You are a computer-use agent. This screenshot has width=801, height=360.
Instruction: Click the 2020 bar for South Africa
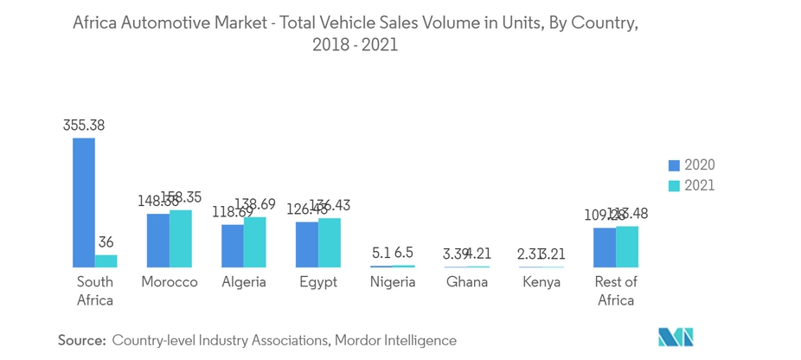[x=84, y=202]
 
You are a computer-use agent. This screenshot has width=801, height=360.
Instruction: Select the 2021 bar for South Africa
[x=106, y=260]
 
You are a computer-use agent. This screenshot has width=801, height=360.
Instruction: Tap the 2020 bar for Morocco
[x=158, y=240]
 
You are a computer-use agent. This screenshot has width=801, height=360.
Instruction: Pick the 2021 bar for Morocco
[x=181, y=238]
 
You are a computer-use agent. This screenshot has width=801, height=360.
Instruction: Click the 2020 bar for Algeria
[x=233, y=246]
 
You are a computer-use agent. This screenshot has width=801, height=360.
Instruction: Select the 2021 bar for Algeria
[x=255, y=241]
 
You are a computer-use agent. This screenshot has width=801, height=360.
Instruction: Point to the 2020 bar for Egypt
[x=307, y=244]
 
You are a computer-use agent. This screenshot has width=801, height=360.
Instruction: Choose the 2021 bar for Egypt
[x=330, y=242]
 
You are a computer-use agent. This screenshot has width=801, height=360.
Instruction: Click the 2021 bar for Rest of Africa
[x=627, y=247]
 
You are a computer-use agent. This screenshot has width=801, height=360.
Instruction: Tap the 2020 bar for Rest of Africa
[x=605, y=247]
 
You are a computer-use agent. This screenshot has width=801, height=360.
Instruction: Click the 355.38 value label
[x=84, y=125]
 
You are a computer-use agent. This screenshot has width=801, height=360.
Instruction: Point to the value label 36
[x=106, y=242]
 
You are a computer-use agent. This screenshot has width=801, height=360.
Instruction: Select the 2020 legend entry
[x=691, y=164]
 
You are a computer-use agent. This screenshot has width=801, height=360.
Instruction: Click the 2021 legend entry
[x=691, y=185]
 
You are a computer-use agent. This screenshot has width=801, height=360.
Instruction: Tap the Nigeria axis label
[x=393, y=282]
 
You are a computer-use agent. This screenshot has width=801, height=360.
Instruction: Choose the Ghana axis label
[x=467, y=282]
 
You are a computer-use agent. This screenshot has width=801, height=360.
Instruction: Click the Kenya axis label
[x=541, y=282]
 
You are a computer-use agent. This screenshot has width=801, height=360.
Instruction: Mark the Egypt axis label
[x=318, y=282]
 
